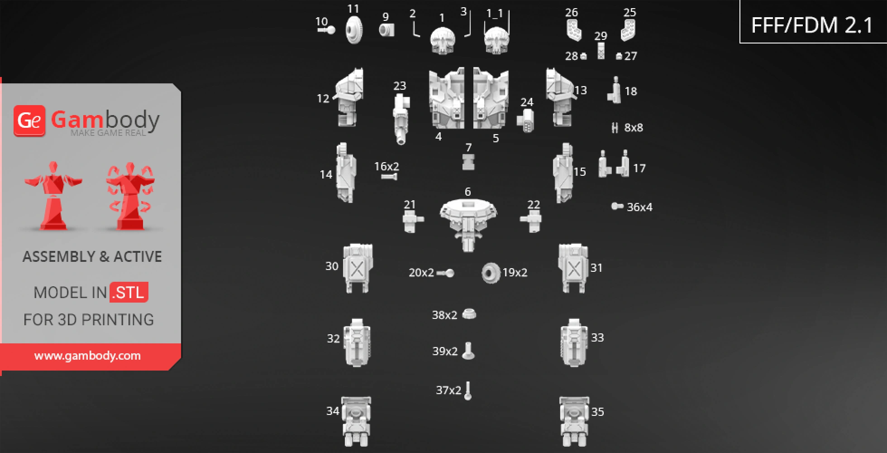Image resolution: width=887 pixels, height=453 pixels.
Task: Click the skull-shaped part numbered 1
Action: pos(442,40)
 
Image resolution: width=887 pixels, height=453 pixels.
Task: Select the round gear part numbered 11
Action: pos(354,30)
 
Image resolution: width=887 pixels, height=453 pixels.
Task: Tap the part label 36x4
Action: pos(639,207)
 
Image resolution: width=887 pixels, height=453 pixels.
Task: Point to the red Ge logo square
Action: pos(29,120)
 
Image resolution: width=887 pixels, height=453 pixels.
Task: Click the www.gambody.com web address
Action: pos(87,356)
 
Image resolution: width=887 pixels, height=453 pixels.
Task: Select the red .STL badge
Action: pos(129,292)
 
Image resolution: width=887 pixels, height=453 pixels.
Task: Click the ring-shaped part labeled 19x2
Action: pos(491,273)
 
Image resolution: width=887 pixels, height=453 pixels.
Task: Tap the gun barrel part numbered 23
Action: pos(401,120)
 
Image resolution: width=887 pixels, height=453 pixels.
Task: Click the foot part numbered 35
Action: pos(574,421)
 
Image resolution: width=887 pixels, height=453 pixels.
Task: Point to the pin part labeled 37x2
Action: pos(468,390)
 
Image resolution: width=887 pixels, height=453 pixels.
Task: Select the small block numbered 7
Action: pos(468,162)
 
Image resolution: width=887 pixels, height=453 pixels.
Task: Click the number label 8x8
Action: pos(634,128)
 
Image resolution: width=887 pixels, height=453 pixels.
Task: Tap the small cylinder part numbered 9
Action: pos(386,30)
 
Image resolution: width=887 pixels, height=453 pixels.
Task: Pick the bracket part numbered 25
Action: pos(628,30)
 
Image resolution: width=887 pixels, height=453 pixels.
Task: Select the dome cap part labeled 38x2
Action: pos(469,313)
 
